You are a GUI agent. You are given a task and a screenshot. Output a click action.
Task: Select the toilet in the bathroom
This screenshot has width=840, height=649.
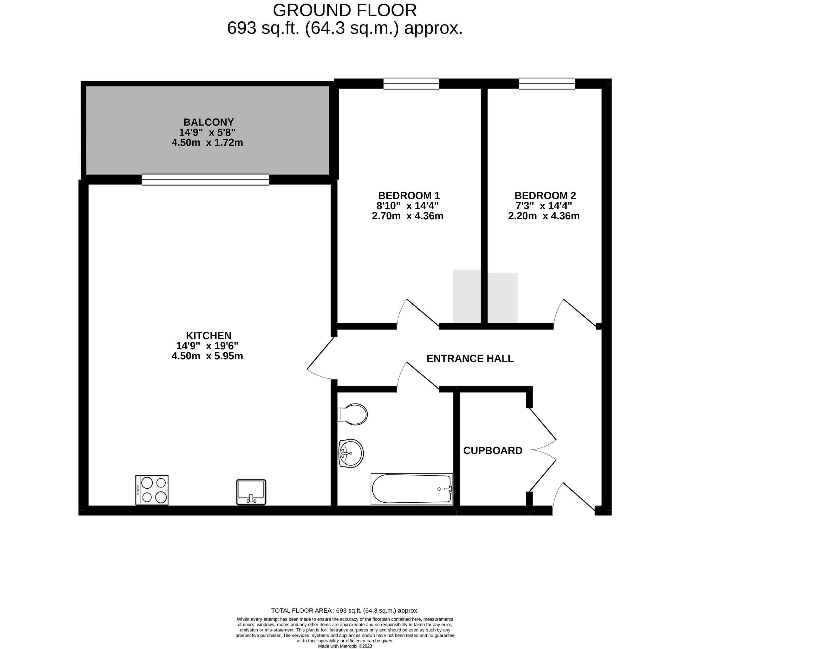tap(352, 414)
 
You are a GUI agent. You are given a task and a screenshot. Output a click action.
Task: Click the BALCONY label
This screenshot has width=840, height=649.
tap(208, 122)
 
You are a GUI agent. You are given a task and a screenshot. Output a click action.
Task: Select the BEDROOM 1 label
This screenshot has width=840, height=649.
tap(409, 195)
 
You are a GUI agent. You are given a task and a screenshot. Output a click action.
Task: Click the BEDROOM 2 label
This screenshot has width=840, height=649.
tap(545, 195)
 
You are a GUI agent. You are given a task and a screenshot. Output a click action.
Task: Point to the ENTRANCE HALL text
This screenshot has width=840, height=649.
tap(470, 358)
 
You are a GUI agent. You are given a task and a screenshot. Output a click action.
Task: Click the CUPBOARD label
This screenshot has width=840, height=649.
tap(493, 450)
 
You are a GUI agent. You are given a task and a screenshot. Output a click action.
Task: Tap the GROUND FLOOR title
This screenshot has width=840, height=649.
tap(345, 10)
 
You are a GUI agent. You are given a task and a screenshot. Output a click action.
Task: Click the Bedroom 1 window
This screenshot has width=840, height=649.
tap(411, 83)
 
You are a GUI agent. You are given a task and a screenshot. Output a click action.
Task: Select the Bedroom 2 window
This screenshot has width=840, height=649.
tap(547, 83)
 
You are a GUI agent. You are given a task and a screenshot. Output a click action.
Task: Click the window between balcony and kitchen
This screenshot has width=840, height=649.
tap(205, 179)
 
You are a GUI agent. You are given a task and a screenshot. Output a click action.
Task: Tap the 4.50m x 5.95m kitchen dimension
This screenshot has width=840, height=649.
tap(207, 356)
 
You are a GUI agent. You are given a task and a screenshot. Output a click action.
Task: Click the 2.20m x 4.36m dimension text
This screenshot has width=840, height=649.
tap(544, 216)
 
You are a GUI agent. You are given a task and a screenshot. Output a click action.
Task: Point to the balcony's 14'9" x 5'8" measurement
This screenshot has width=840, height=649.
tap(207, 132)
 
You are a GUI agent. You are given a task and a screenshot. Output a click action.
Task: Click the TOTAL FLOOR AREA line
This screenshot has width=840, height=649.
tap(345, 610)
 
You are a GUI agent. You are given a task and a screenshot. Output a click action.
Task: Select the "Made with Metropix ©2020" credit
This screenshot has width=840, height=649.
tap(345, 646)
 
